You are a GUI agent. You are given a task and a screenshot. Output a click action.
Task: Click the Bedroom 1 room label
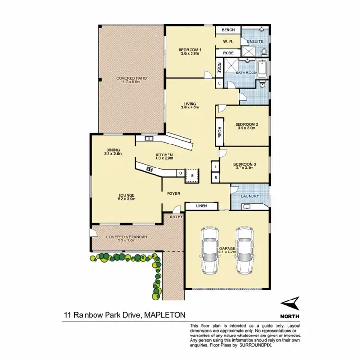click(190, 51)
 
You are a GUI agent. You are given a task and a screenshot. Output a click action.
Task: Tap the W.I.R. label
click(228, 41)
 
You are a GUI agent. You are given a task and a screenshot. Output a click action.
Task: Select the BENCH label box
click(228, 30)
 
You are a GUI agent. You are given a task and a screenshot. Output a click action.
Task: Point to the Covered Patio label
click(132, 80)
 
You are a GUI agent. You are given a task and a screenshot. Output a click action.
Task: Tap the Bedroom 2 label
click(247, 126)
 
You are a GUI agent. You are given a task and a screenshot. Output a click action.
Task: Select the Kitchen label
click(164, 156)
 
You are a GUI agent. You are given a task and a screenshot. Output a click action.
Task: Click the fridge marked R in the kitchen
click(192, 176)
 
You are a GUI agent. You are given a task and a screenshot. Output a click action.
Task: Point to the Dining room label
click(114, 151)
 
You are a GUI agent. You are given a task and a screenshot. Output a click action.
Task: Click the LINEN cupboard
click(202, 206)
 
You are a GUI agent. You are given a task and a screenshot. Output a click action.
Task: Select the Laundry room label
click(250, 196)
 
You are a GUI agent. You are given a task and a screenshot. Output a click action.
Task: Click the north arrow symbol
click(290, 303)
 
